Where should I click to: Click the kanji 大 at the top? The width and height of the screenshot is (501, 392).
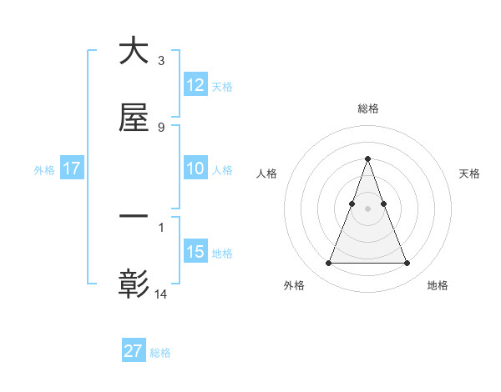pos(134,51)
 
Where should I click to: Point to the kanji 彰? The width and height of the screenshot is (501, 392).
pos(134,284)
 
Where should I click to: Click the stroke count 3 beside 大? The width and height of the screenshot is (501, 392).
pos(160,61)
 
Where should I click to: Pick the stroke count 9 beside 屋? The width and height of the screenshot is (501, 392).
pos(160,127)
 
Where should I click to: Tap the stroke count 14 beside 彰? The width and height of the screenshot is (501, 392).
pos(161,294)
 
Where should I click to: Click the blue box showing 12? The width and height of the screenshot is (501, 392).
pos(195,85)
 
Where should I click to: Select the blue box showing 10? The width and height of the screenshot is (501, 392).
pos(195,168)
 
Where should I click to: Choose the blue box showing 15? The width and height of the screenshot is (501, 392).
pos(195,252)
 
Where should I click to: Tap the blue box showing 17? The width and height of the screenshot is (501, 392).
pos(72,168)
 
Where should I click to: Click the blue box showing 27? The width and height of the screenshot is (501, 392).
pos(134,351)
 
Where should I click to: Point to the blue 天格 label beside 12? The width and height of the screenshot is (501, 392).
pos(222,87)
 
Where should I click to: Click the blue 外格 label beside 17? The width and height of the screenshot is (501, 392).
pos(44,170)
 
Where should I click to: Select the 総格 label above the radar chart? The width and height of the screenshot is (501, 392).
pos(367,108)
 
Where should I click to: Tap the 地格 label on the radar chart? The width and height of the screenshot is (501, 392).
pos(438,285)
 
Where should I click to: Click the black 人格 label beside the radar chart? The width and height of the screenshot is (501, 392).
pos(267,173)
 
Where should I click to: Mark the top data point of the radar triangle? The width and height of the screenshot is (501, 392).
pos(367,158)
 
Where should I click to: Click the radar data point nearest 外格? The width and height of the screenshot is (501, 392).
pos(328,264)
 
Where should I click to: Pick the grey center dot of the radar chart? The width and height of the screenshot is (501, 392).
pos(367,209)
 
